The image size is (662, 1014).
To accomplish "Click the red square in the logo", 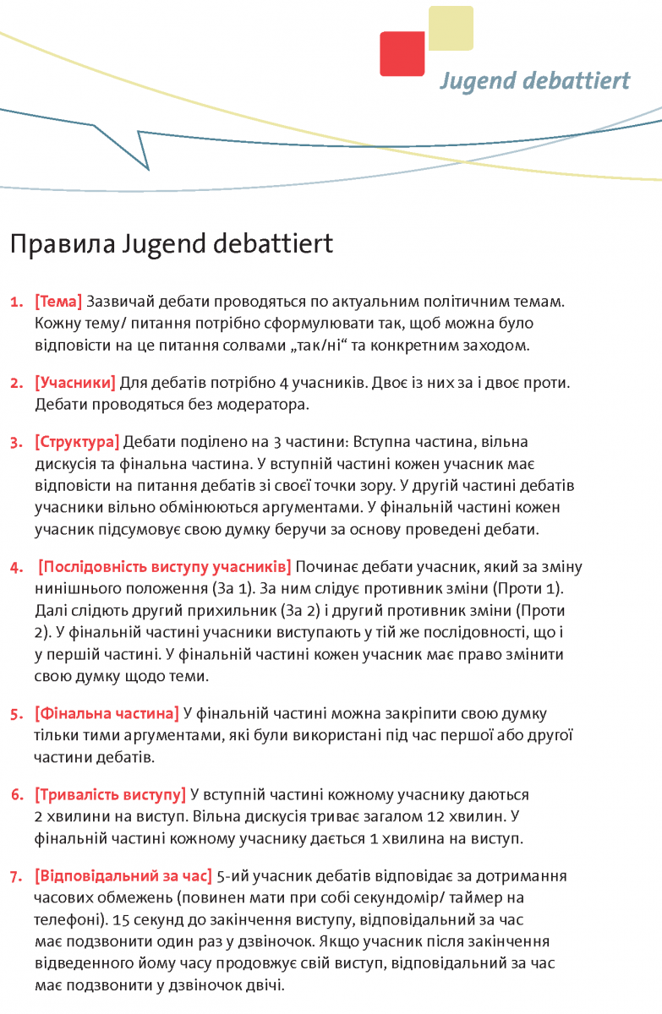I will point(402,54).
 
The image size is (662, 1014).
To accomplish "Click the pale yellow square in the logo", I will point(451,28).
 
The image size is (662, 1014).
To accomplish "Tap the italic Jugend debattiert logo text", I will point(534,81).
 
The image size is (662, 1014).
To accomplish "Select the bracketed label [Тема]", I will point(58,302).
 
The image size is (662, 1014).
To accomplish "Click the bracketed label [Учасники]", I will point(75,383).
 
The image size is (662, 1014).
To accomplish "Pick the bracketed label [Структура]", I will point(77,442).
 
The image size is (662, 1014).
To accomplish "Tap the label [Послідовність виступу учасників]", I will point(166,566).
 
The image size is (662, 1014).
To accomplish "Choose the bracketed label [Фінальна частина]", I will point(107,713).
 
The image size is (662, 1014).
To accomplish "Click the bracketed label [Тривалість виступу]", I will point(110,795).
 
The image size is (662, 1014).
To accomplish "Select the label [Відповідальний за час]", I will point(123,875).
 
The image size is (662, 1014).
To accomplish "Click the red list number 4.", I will point(16,567).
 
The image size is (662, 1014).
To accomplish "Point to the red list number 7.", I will point(16,876).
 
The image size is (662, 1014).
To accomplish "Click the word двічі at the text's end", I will point(266,985).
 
